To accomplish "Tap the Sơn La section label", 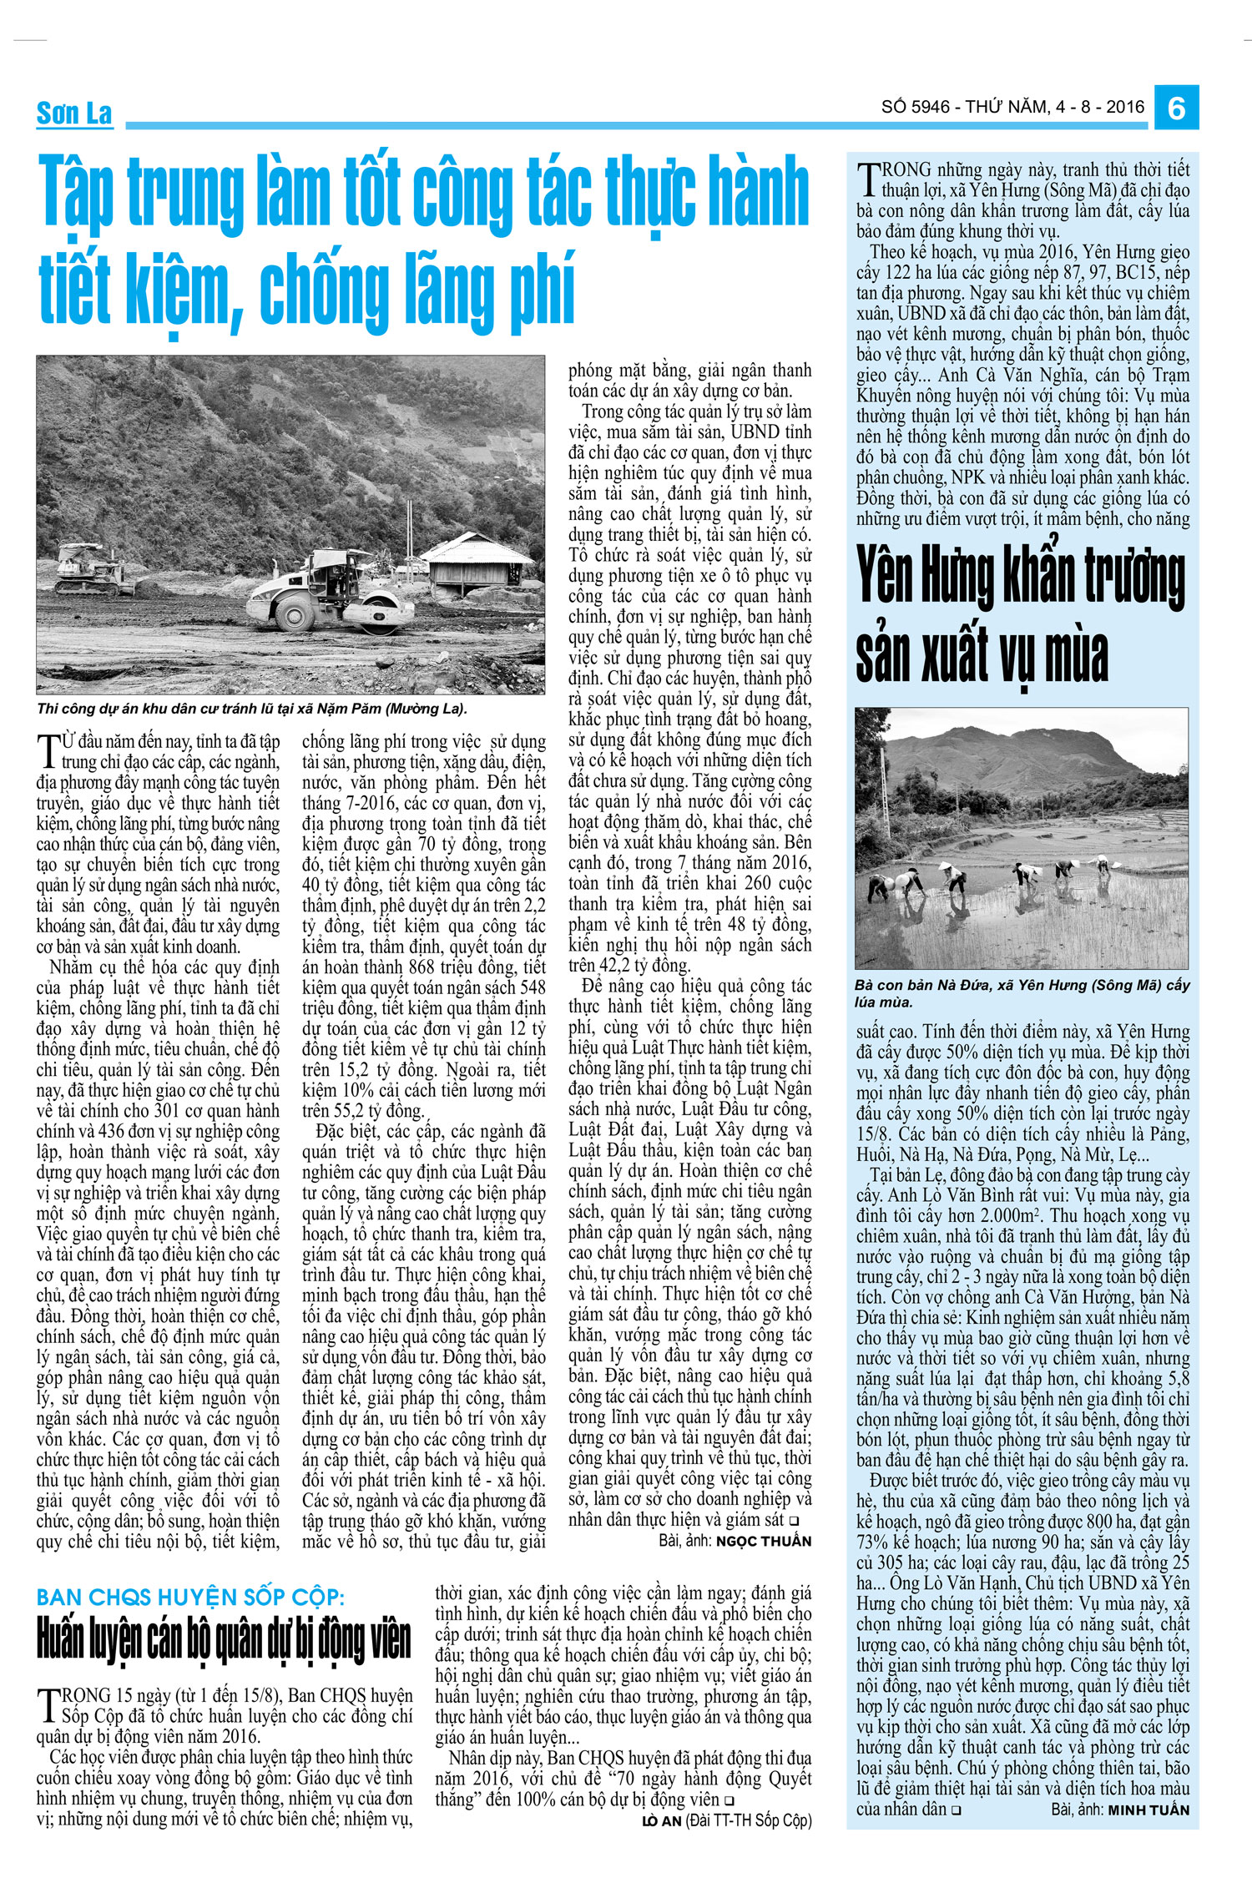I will (x=74, y=113).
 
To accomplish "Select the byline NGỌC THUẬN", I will (x=763, y=1541).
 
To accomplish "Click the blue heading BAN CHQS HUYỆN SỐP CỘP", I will (x=189, y=1598).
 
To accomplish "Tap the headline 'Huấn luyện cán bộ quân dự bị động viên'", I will (x=224, y=1641).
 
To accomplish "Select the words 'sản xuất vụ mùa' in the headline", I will (x=982, y=656).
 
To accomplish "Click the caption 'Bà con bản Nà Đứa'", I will (x=1022, y=993).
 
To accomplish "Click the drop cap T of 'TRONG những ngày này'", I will (x=868, y=179).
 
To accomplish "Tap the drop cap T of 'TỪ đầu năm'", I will (x=48, y=750).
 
